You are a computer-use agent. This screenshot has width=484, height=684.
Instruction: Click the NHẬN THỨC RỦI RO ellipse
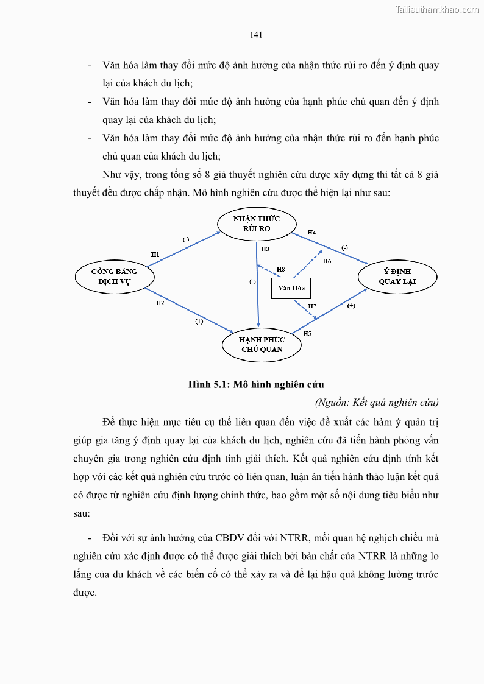257,224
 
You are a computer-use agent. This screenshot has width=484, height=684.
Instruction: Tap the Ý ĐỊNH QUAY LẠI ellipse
397,276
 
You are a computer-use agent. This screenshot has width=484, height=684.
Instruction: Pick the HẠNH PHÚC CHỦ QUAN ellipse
262,345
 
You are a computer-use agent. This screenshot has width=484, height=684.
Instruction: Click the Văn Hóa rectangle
291,287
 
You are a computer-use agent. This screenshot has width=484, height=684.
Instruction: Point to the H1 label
155,254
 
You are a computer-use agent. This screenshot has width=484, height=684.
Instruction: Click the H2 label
160,303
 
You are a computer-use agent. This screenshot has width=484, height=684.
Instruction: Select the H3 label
265,249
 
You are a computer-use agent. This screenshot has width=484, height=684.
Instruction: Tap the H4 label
311,232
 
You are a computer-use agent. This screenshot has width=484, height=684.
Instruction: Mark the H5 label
307,333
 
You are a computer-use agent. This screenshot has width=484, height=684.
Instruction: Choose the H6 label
327,261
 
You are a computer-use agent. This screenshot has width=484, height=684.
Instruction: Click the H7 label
312,305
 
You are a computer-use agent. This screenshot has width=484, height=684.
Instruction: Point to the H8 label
280,269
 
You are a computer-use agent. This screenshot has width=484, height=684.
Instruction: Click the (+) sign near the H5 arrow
351,306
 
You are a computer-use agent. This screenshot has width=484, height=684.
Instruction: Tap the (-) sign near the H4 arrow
344,247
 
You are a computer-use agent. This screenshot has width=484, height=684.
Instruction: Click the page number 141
256,35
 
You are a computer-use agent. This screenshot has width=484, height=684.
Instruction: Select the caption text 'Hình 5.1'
207,384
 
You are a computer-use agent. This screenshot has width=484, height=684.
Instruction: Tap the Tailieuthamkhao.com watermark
437,9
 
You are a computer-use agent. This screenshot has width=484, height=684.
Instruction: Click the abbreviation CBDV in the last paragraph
227,538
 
